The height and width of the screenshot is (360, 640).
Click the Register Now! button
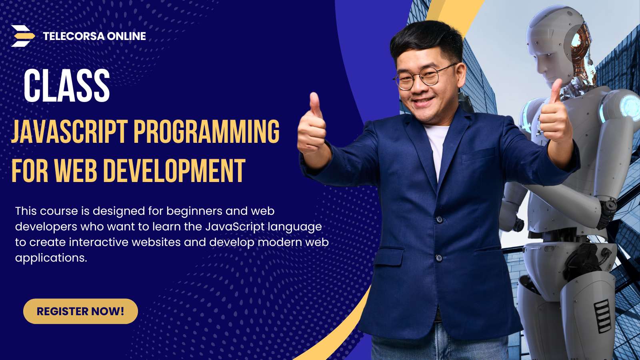pyautogui.click(x=80, y=311)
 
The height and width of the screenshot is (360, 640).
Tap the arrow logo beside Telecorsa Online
pyautogui.click(x=23, y=36)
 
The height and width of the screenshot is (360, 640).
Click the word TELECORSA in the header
pyautogui.click(x=74, y=36)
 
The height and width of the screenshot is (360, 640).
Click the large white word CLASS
pyautogui.click(x=66, y=86)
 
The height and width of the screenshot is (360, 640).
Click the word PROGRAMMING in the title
pyautogui.click(x=206, y=131)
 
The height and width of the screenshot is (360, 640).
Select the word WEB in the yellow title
pyautogui.click(x=76, y=170)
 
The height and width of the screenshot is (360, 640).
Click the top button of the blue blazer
pyautogui.click(x=440, y=220)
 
